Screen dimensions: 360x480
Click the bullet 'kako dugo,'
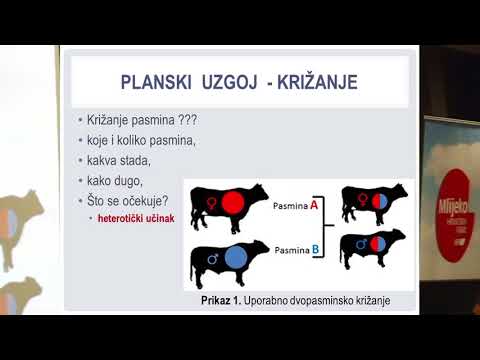point(116,181)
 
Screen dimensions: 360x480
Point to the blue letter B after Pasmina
point(314,248)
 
